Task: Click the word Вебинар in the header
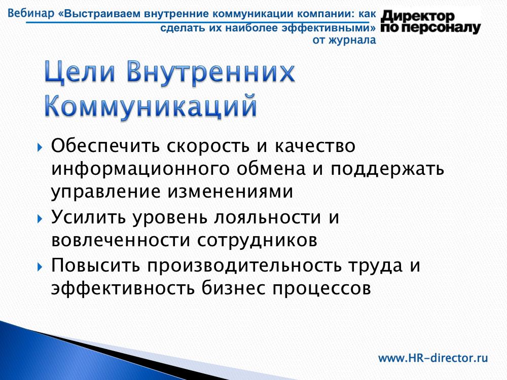pyautogui.click(x=31, y=14)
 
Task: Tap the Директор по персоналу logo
pyautogui.click(x=430, y=22)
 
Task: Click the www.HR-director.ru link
pyautogui.click(x=433, y=358)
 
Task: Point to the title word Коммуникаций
pyautogui.click(x=151, y=106)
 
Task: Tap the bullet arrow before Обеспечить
pyautogui.click(x=40, y=148)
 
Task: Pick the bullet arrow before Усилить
pyautogui.click(x=40, y=219)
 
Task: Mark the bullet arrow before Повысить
pyautogui.click(x=40, y=267)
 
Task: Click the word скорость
pyautogui.click(x=208, y=146)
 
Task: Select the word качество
pyautogui.click(x=315, y=146)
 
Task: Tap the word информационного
pyautogui.click(x=140, y=169)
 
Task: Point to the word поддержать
pyautogui.click(x=387, y=169)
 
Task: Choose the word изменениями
pyautogui.click(x=230, y=192)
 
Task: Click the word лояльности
pyautogui.click(x=268, y=217)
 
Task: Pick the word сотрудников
pyautogui.click(x=258, y=241)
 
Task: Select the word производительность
pyautogui.click(x=245, y=266)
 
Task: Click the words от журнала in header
pyautogui.click(x=344, y=40)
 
